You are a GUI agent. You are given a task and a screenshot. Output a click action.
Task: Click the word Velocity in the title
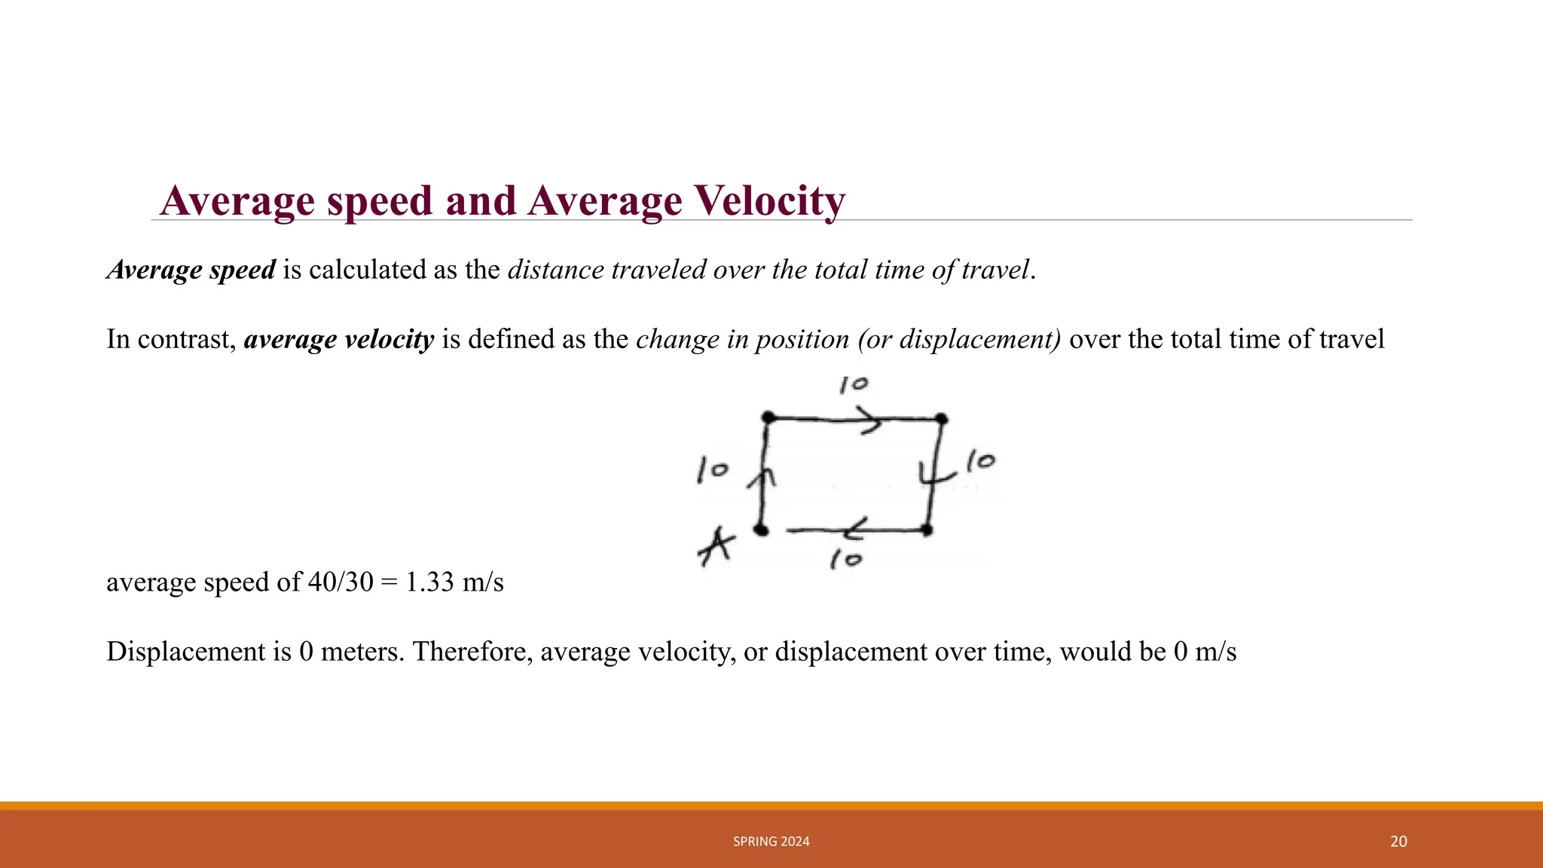coord(770,201)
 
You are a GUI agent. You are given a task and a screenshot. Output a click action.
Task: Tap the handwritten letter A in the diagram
coord(716,546)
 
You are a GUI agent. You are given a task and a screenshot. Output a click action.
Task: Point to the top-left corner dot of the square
coord(768,417)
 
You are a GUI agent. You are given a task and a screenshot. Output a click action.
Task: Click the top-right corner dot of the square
coord(941,419)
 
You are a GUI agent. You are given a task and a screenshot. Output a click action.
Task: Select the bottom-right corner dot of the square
coord(927,530)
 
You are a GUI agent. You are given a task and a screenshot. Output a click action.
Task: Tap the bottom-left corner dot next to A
coord(762,530)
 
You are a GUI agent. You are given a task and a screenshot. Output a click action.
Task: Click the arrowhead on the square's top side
coord(872,420)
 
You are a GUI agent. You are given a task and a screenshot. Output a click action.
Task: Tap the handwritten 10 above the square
coord(854,385)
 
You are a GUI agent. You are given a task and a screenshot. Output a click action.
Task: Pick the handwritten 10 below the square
coord(846,560)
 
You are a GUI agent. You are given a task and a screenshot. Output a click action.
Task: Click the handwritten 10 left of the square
coord(712,469)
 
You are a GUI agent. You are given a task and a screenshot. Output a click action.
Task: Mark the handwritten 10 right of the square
coord(980,460)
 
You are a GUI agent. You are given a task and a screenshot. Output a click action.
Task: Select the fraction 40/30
coord(341,582)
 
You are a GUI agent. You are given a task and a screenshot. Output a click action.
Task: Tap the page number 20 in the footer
coord(1398,842)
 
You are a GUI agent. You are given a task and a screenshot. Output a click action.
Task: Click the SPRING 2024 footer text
coord(771,842)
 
